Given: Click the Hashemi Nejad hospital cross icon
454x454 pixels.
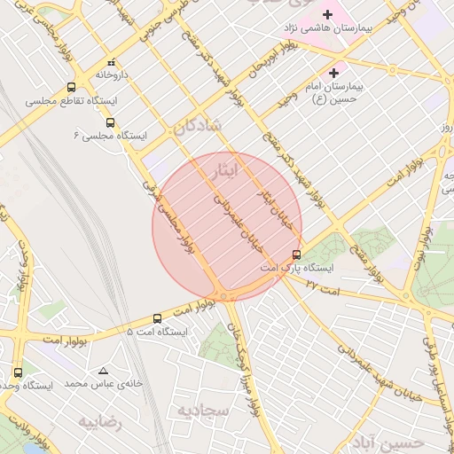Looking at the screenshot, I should (328, 14).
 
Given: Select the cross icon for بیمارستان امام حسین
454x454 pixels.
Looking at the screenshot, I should (333, 72).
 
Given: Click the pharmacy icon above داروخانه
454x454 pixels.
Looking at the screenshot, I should (111, 63).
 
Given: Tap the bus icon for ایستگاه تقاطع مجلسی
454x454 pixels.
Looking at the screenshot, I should (71, 87).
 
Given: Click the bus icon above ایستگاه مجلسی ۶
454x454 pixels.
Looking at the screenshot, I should (110, 122).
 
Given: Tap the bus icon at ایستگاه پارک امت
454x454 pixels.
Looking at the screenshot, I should (296, 254).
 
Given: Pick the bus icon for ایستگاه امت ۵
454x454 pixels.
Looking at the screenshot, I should (157, 317).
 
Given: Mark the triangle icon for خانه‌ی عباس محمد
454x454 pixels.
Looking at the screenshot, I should (104, 371).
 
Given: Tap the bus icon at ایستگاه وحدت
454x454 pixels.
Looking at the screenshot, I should (19, 372).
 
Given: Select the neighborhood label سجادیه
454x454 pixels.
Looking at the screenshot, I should (203, 411).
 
